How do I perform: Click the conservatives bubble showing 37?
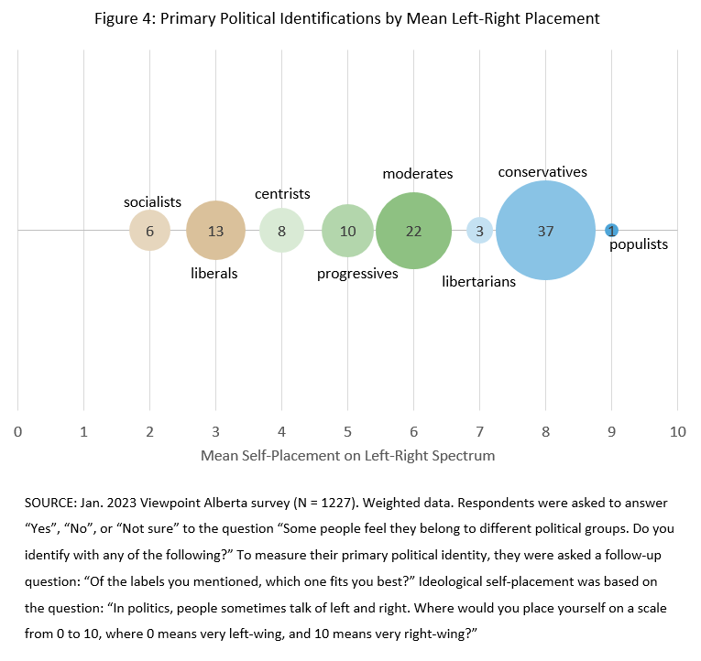[545, 231]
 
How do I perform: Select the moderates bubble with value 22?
[413, 231]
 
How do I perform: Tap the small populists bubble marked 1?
[611, 231]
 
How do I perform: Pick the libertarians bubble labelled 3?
[479, 231]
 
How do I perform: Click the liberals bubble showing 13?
[215, 231]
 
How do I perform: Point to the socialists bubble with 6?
[149, 231]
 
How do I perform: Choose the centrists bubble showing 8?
[281, 231]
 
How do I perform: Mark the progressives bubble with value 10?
[347, 231]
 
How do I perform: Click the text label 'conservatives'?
[542, 171]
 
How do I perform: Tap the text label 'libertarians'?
[479, 282]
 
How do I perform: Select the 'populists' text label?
[639, 244]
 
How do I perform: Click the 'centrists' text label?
[282, 193]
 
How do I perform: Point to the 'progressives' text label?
[357, 274]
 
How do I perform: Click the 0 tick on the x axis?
[17, 430]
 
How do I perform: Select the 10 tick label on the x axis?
[677, 430]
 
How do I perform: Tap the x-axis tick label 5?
[347, 430]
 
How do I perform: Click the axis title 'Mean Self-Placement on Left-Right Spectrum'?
[347, 455]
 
